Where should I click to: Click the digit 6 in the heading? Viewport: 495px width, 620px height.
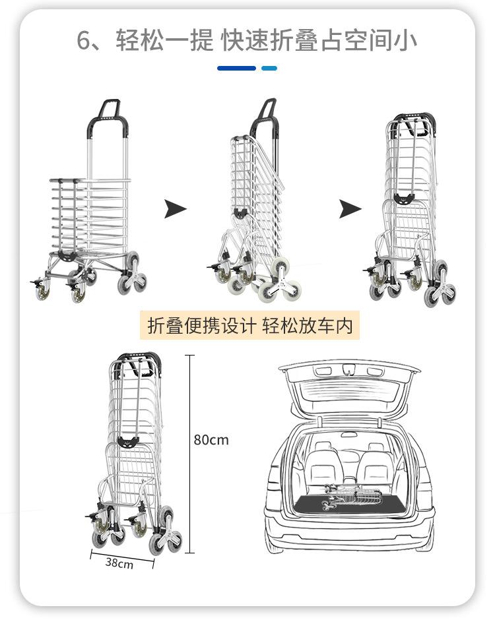84,40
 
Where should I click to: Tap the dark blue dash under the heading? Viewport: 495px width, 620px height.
236,68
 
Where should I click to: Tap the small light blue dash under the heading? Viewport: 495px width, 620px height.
269,68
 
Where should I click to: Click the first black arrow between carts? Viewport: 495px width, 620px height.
175,210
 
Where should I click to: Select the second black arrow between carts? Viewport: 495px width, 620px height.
350,210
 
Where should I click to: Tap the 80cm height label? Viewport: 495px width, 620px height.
211,439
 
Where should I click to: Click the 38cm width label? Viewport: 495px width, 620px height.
119,563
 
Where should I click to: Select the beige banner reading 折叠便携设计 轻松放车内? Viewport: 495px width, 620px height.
249,326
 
